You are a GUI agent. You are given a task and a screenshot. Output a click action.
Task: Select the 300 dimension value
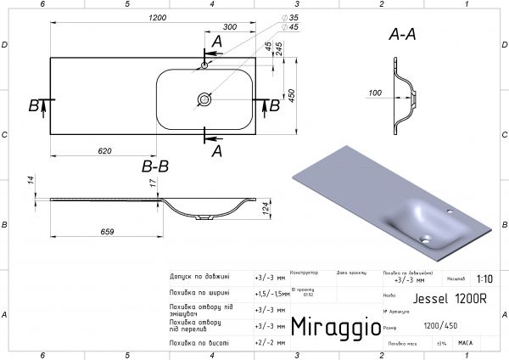pyautogui.click(x=230, y=26)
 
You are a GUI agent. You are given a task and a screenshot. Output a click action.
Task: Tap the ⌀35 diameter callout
pyautogui.click(x=294, y=17)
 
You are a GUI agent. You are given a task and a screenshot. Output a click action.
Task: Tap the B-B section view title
pyautogui.click(x=155, y=166)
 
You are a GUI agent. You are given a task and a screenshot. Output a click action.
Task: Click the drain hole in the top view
pyautogui.click(x=204, y=99)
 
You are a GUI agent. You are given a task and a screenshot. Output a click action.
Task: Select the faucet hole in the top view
pyautogui.click(x=204, y=64)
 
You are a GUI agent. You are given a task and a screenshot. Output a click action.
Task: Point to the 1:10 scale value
pyautogui.click(x=484, y=278)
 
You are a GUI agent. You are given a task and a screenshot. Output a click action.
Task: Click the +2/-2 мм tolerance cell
pyautogui.click(x=270, y=341)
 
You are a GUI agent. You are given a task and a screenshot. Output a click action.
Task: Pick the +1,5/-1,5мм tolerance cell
pyautogui.click(x=270, y=293)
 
